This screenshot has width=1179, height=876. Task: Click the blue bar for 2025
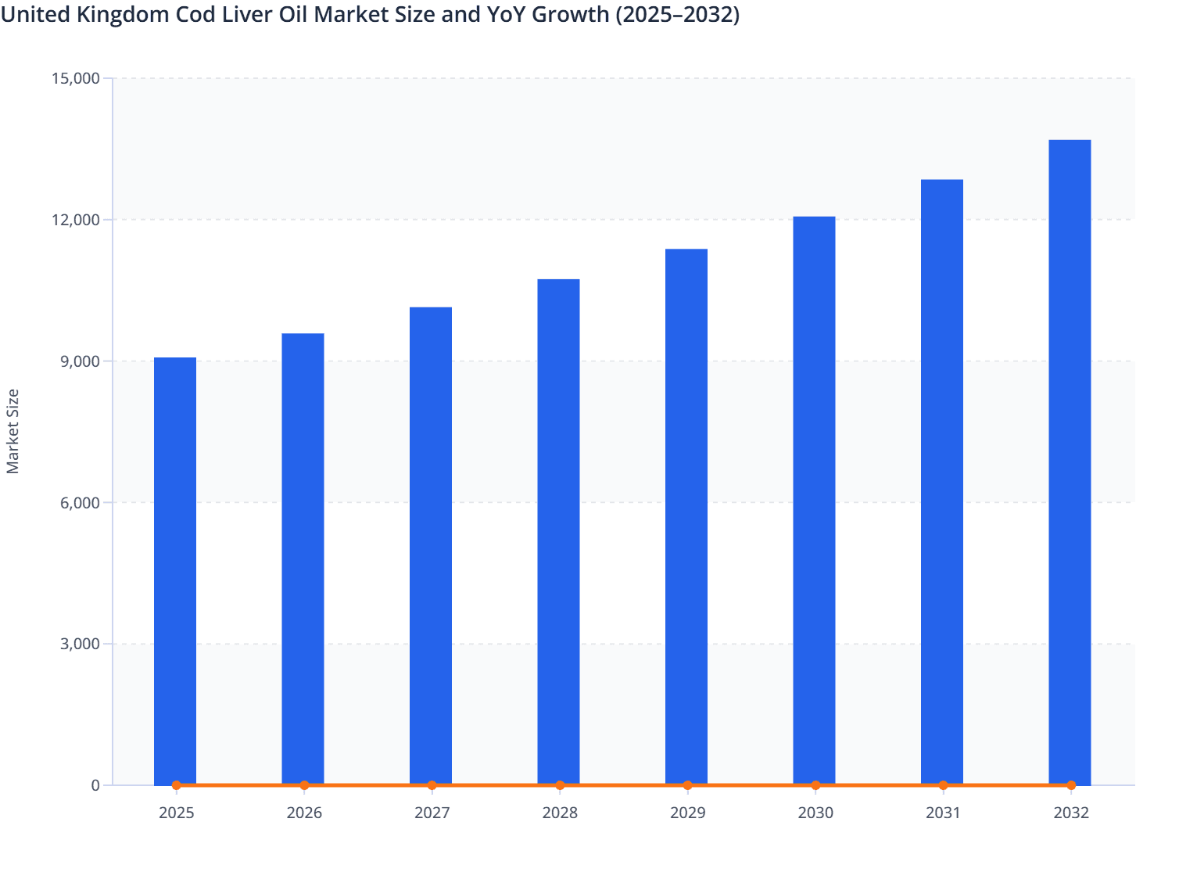tap(175, 571)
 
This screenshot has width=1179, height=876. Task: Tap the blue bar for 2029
tap(686, 517)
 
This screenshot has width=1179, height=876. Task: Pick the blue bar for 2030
tap(814, 501)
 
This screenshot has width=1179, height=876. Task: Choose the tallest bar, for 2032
tap(1070, 462)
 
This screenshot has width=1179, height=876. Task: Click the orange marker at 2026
tap(304, 785)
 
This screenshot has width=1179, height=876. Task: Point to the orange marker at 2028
tap(560, 785)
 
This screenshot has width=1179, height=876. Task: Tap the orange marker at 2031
tap(943, 785)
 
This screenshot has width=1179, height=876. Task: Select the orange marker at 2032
tap(1071, 785)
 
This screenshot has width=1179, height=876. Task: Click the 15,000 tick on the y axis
tap(76, 78)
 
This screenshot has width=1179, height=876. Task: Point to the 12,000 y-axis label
tap(76, 220)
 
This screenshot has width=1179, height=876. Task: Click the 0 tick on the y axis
tap(95, 785)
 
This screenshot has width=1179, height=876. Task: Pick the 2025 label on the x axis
tap(176, 813)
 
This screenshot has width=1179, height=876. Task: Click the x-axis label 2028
tap(560, 813)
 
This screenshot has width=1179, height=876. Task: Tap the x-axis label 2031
tap(943, 813)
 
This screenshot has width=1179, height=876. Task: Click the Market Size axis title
tap(13, 431)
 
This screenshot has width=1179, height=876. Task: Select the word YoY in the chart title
tap(501, 14)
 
